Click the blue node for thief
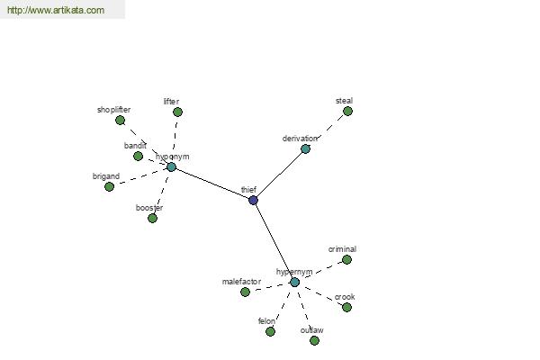tap(253, 200)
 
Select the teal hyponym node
tap(171, 167)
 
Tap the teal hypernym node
tap(294, 283)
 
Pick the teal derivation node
tap(305, 149)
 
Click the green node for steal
tap(347, 112)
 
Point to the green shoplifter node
tap(120, 121)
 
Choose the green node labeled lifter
tap(177, 112)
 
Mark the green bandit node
tap(138, 156)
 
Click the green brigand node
tap(109, 186)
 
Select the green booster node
tap(152, 218)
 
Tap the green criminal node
tap(346, 260)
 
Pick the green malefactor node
tap(245, 292)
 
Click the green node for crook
tap(346, 307)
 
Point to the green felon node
tap(270, 332)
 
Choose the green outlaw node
tap(314, 341)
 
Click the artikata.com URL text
tap(56, 10)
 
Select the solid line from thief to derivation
tap(279, 175)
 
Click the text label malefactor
tap(241, 282)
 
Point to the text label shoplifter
tap(113, 110)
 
